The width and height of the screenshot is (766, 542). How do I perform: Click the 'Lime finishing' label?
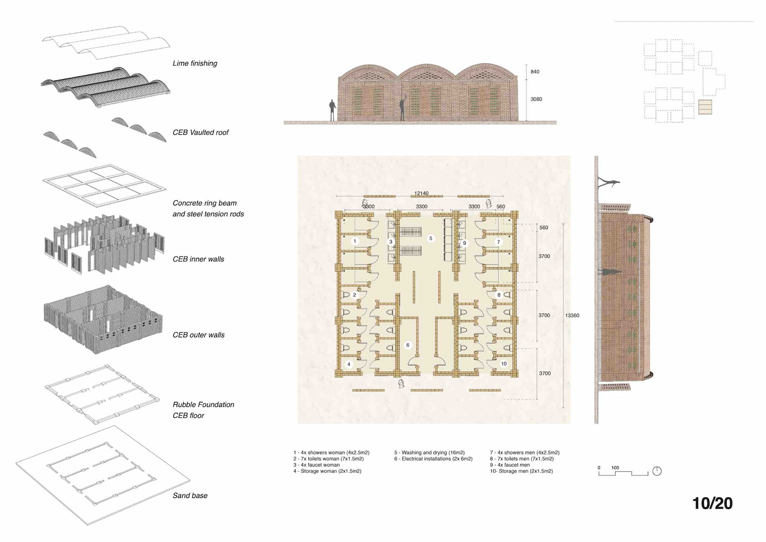pyautogui.click(x=195, y=63)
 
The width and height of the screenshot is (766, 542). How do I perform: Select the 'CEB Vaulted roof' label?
pyautogui.click(x=200, y=133)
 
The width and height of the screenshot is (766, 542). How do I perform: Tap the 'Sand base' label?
pyautogui.click(x=190, y=496)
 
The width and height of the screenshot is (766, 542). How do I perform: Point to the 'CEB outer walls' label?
pyautogui.click(x=198, y=335)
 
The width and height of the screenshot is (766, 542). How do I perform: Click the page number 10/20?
pyautogui.click(x=712, y=503)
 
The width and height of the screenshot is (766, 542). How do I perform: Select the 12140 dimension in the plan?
pyautogui.click(x=421, y=194)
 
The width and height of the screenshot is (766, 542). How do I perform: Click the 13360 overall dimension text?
pyautogui.click(x=572, y=316)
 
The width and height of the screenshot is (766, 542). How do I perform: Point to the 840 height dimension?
pyautogui.click(x=535, y=72)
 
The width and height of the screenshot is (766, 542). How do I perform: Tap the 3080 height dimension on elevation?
pyautogui.click(x=536, y=99)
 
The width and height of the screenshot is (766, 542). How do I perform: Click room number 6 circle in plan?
pyautogui.click(x=408, y=345)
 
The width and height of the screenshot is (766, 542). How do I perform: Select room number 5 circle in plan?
pyautogui.click(x=430, y=238)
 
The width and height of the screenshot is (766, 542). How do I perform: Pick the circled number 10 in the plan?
pyautogui.click(x=504, y=364)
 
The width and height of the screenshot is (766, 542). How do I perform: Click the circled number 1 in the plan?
pyautogui.click(x=355, y=241)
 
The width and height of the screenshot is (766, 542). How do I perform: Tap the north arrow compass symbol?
pyautogui.click(x=657, y=471)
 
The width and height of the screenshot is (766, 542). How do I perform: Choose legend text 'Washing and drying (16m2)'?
pyautogui.click(x=429, y=453)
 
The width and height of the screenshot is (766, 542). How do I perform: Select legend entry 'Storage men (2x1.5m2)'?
pyautogui.click(x=521, y=471)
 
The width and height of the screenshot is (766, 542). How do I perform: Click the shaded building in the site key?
pyautogui.click(x=705, y=107)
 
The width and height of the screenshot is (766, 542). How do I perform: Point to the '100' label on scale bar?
pyautogui.click(x=615, y=468)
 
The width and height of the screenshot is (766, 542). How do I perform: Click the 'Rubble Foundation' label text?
pyautogui.click(x=203, y=405)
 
